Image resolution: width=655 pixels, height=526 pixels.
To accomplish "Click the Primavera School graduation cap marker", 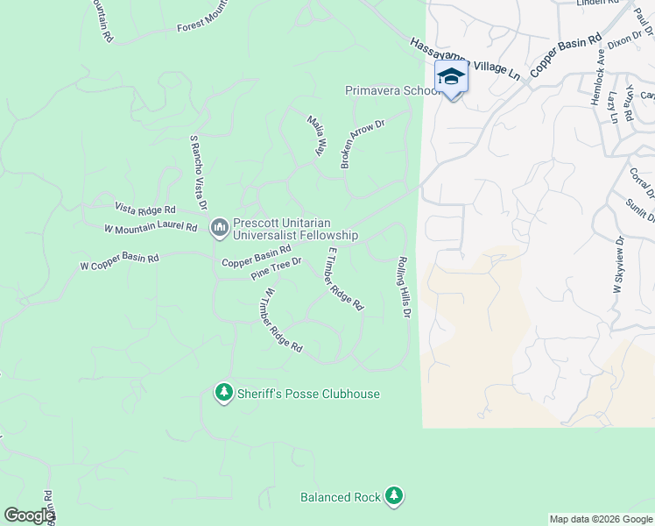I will pyautogui.click(x=451, y=76).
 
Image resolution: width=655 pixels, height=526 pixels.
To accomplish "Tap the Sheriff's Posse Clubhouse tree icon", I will pyautogui.click(x=224, y=393).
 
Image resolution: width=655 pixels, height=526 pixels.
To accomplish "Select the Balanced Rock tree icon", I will pyautogui.click(x=394, y=496).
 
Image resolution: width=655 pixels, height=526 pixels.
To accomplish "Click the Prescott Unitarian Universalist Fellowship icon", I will pyautogui.click(x=219, y=228).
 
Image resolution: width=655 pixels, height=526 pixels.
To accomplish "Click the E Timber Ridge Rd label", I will pyautogui.click(x=344, y=280).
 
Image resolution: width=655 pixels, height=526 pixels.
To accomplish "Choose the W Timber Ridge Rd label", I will pyautogui.click(x=282, y=321).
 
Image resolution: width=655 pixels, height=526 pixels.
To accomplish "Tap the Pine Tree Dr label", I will pyautogui.click(x=276, y=268).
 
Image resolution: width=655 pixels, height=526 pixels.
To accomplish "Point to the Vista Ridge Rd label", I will pyautogui.click(x=145, y=210).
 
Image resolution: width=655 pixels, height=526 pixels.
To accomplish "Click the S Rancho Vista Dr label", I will pyautogui.click(x=198, y=173).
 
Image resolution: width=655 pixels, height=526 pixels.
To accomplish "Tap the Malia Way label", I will pyautogui.click(x=316, y=135).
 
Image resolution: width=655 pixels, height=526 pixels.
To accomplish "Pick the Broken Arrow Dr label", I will pyautogui.click(x=363, y=145).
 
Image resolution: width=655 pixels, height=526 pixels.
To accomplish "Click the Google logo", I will pyautogui.click(x=29, y=515).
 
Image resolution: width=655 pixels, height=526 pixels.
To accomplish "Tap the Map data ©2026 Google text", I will pyautogui.click(x=600, y=519).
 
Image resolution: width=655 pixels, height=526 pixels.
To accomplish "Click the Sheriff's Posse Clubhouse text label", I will pyautogui.click(x=308, y=394).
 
